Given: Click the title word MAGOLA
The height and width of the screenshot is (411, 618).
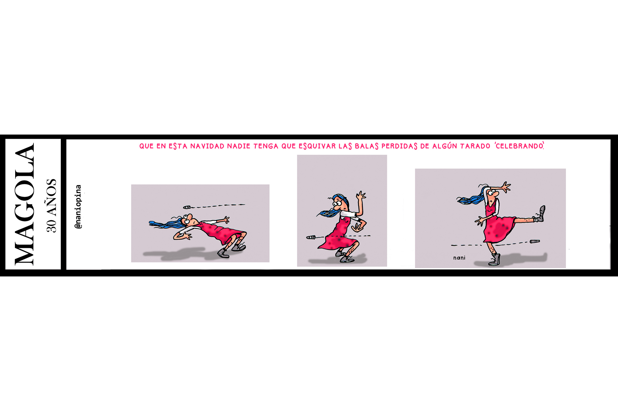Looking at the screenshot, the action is coord(24,204).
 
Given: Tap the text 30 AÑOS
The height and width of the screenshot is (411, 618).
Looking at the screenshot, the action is coord(51,206).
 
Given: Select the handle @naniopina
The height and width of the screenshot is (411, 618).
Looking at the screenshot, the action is coord(78,207).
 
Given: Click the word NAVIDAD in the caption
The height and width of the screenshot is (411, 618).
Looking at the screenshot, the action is coord(207,146).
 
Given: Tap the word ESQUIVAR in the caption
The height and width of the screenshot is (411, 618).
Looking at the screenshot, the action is coord(317,146).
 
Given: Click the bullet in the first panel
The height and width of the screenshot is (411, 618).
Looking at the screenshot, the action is coord(187,207).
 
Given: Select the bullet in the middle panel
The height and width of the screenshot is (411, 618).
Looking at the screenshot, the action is coord(311,237).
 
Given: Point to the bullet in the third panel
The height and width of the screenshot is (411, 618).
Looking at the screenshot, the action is coord(535,241).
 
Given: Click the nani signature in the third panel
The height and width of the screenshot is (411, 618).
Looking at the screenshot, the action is coord(459,258).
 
